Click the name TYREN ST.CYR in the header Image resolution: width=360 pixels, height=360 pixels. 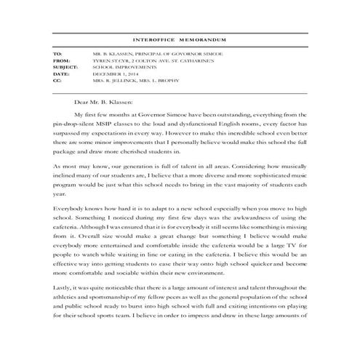[x=109, y=61]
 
